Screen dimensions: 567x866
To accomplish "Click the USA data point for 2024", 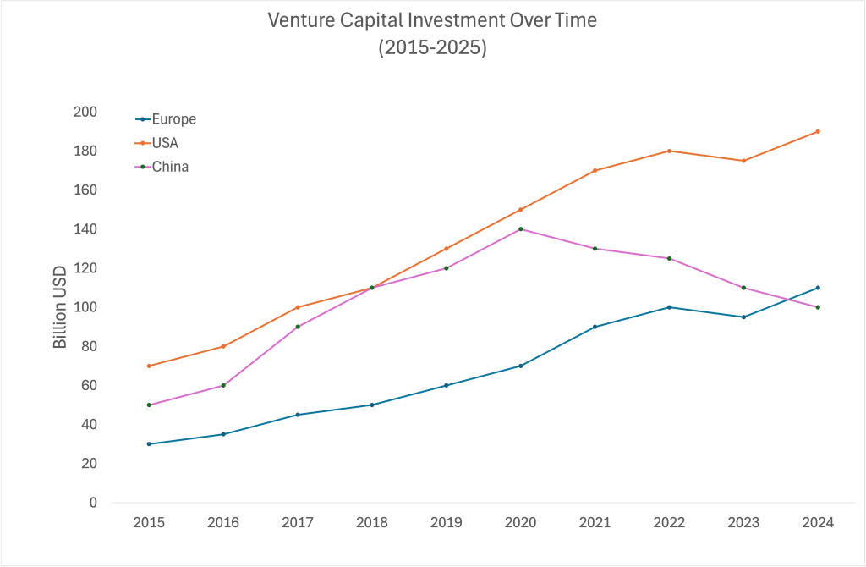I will point(818,131).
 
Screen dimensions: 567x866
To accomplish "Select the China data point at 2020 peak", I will point(521,228).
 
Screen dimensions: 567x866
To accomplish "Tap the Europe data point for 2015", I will point(149,443).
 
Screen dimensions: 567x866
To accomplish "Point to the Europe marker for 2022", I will point(670,307).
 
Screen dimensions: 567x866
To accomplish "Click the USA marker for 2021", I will point(595,170).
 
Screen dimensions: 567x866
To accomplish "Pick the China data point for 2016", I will point(223,385).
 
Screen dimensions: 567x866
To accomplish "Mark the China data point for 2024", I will point(818,307).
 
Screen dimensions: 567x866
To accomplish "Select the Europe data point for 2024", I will point(818,288).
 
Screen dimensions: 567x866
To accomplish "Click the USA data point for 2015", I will point(149,366).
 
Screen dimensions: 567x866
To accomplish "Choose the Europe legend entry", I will point(173,119).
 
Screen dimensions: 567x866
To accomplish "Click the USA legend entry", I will point(165,143).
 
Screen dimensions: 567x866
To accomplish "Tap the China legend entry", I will point(169,167).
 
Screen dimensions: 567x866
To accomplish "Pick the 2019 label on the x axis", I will point(447,522).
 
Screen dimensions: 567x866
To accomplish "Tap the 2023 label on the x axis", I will point(743,522).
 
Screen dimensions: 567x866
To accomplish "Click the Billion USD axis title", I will point(60,307).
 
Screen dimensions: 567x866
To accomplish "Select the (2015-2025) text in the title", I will point(432,47).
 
